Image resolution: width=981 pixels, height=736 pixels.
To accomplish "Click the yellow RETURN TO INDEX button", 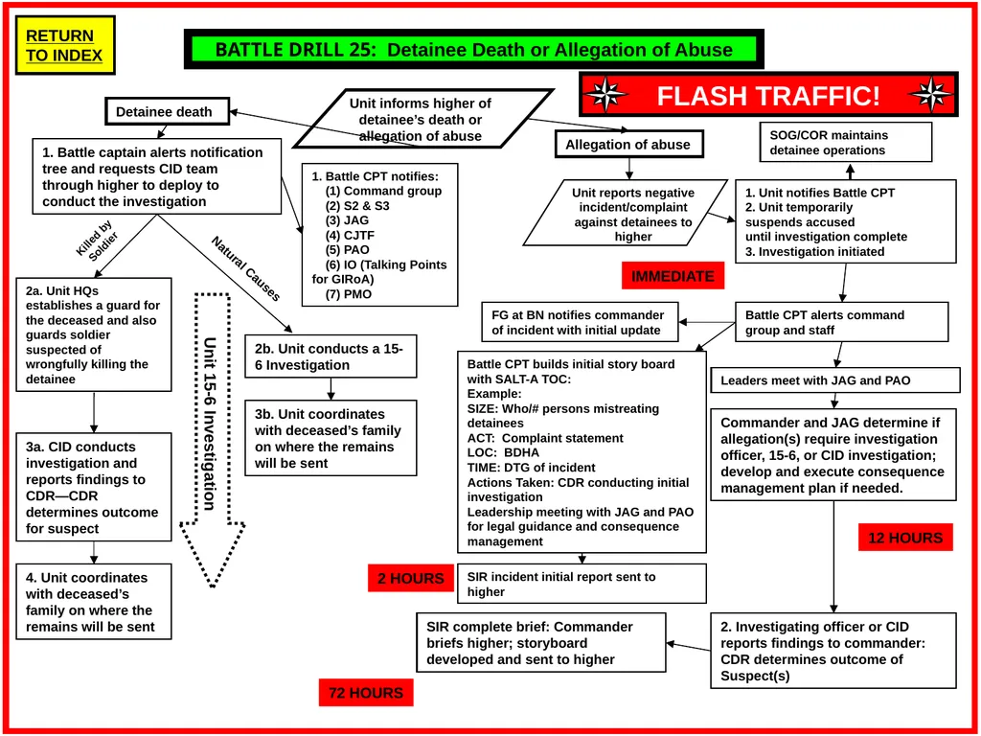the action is pyautogui.click(x=64, y=45).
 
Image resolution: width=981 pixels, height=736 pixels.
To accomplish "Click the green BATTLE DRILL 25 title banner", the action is pyautogui.click(x=473, y=50).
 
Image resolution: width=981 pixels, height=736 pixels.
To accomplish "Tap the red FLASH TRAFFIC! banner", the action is pyautogui.click(x=768, y=95).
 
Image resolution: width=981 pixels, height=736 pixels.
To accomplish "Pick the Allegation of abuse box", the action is pyautogui.click(x=627, y=145).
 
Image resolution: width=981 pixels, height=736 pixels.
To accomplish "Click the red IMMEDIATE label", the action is pyautogui.click(x=673, y=276).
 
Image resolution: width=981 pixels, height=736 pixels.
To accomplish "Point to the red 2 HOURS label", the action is pyautogui.click(x=410, y=578).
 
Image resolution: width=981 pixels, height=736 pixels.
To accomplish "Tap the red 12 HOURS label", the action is pyautogui.click(x=905, y=538).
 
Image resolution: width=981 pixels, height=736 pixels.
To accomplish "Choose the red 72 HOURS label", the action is pyautogui.click(x=366, y=693).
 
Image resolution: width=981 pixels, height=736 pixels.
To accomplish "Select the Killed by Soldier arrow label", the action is pyautogui.click(x=97, y=241).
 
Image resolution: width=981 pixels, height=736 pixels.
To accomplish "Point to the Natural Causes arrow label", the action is pyautogui.click(x=245, y=269).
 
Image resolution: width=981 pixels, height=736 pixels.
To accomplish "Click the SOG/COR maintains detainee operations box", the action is pyautogui.click(x=846, y=142).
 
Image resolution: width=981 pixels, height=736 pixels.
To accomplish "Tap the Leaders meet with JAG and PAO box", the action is pyautogui.click(x=835, y=380).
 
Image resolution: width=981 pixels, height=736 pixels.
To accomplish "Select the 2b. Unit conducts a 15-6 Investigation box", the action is pyautogui.click(x=331, y=356).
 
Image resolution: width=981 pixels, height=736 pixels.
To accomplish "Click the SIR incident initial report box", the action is pyautogui.click(x=582, y=584).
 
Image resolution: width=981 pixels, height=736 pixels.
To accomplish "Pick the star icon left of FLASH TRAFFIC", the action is pyautogui.click(x=606, y=95).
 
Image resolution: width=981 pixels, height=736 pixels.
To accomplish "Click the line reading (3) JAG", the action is pyautogui.click(x=347, y=220).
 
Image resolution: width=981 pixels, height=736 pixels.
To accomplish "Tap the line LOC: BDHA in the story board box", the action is pyautogui.click(x=503, y=452).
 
